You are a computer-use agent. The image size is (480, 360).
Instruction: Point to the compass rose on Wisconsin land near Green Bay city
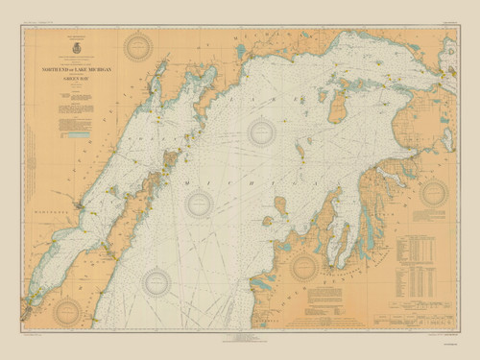[67, 309]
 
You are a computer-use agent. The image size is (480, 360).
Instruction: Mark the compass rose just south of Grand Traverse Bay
[304, 268]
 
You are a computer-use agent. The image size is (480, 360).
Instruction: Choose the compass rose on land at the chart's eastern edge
[434, 193]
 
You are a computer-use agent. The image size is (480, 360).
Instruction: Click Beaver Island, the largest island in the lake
[337, 107]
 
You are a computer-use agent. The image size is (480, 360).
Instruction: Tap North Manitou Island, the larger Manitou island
[281, 204]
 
